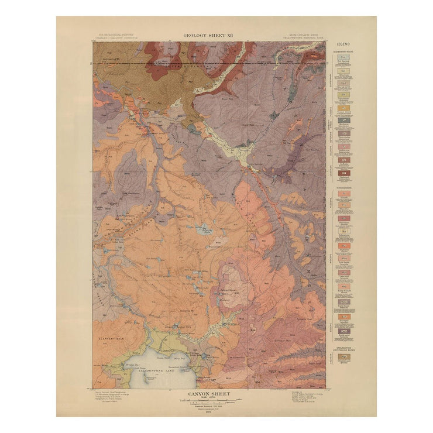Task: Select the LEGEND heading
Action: click(344, 46)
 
